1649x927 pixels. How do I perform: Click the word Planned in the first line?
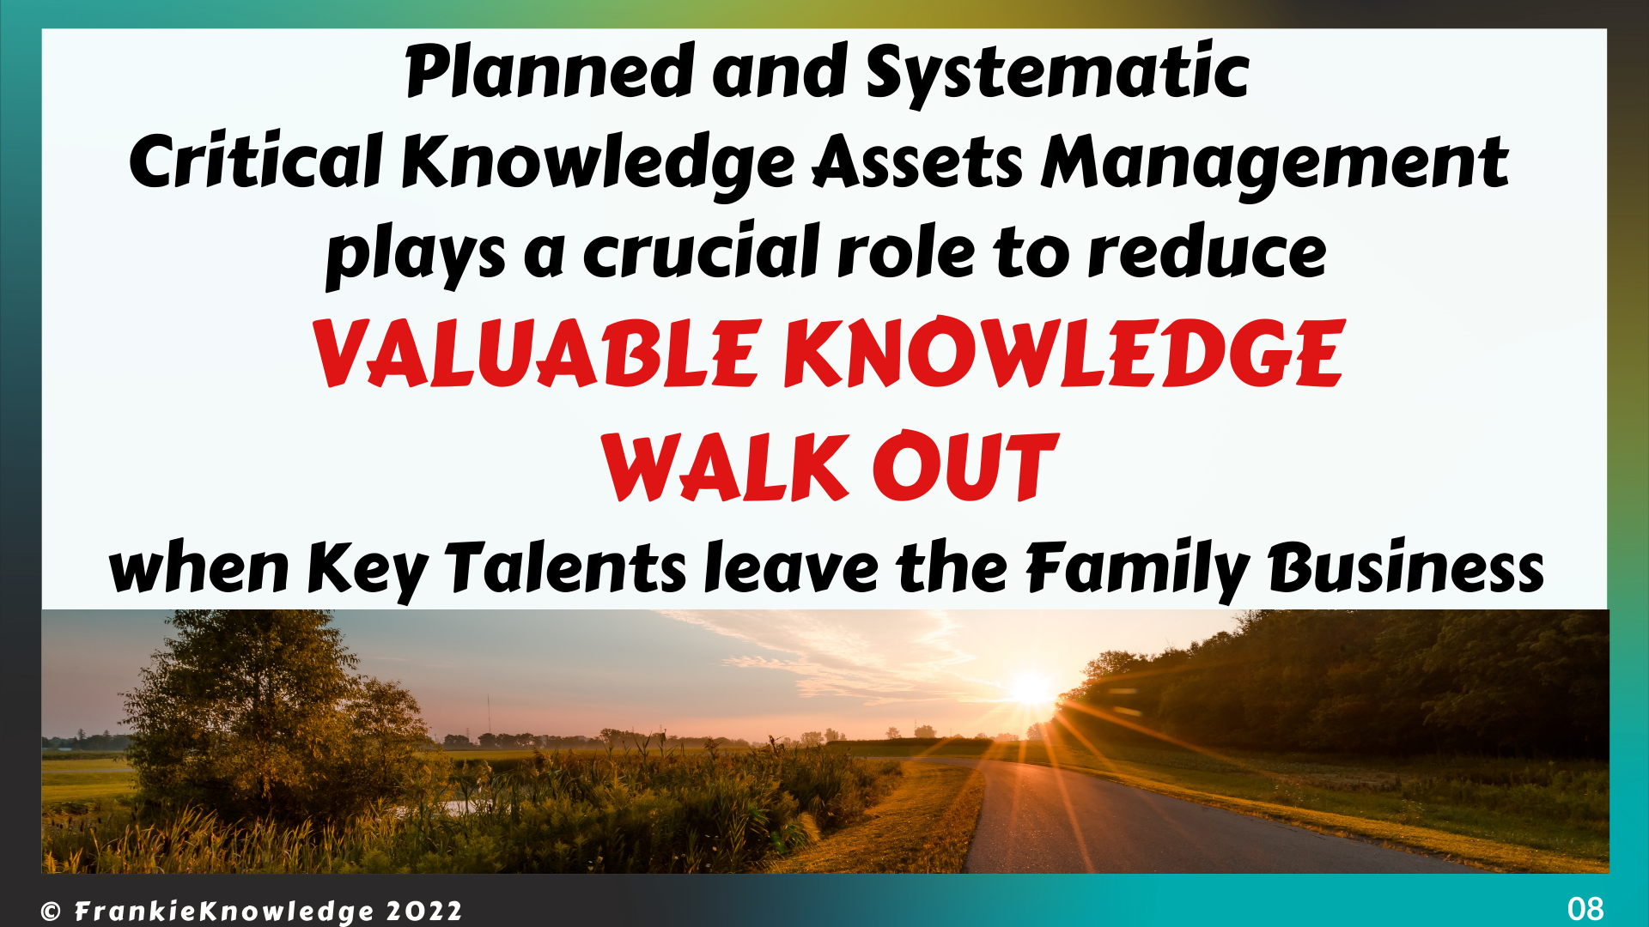pos(550,71)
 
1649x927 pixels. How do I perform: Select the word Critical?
pos(255,161)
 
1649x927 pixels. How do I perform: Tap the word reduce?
pos(1207,252)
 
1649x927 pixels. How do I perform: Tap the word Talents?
pos(565,568)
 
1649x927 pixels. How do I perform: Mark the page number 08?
pos(1585,908)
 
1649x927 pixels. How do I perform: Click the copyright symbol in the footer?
pos(51,912)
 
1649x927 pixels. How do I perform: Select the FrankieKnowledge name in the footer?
pos(224,912)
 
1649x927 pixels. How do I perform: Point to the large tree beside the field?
pos(258,712)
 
